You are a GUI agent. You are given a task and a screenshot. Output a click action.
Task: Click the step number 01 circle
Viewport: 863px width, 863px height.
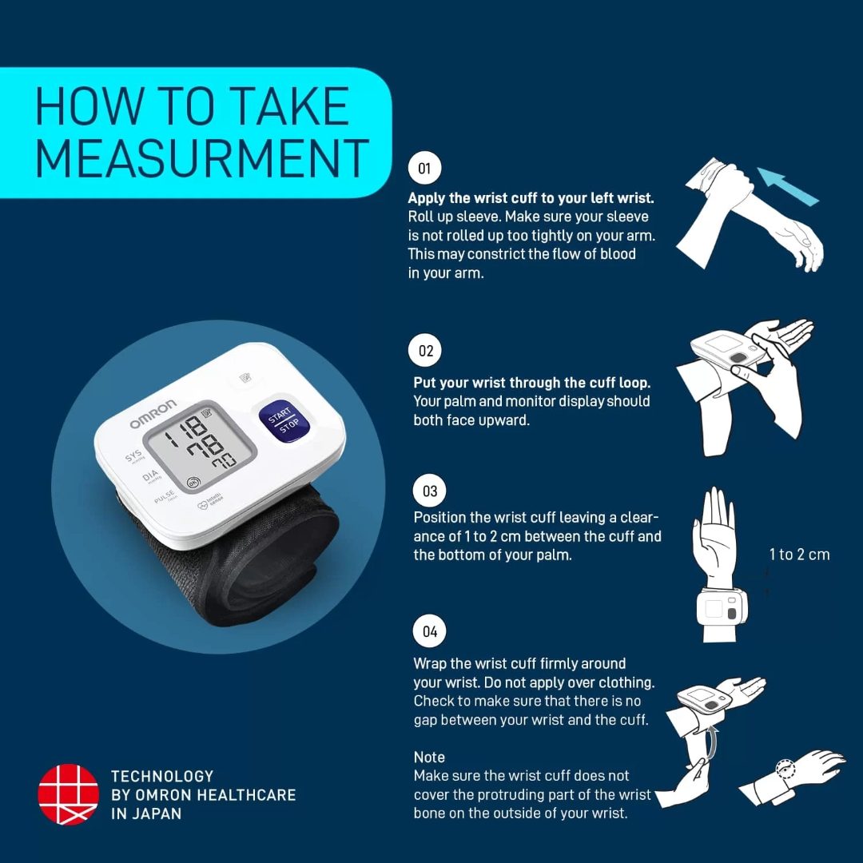tap(424, 169)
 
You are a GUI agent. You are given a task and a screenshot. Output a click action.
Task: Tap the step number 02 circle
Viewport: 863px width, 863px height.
tap(426, 351)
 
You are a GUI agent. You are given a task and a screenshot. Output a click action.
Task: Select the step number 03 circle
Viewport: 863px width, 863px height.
tap(430, 491)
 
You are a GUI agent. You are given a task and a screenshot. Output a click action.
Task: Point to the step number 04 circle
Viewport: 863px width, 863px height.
tap(430, 631)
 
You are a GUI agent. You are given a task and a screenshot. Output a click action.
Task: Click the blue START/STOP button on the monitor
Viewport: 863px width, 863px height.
tap(283, 419)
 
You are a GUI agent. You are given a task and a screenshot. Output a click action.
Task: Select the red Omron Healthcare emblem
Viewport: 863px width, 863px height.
tap(68, 794)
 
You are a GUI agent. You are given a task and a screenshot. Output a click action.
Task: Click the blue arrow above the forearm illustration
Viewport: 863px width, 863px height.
tap(788, 187)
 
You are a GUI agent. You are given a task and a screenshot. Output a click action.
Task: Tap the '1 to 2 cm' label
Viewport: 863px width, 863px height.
tap(799, 555)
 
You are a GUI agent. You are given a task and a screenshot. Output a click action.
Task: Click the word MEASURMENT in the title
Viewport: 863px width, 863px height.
tap(201, 157)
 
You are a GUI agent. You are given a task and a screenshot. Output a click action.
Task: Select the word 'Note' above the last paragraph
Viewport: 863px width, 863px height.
tap(429, 757)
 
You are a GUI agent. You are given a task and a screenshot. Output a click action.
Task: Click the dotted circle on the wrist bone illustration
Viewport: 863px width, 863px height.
tap(787, 771)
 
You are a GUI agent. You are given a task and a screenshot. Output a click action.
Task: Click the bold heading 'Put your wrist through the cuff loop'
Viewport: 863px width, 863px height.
tap(531, 383)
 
